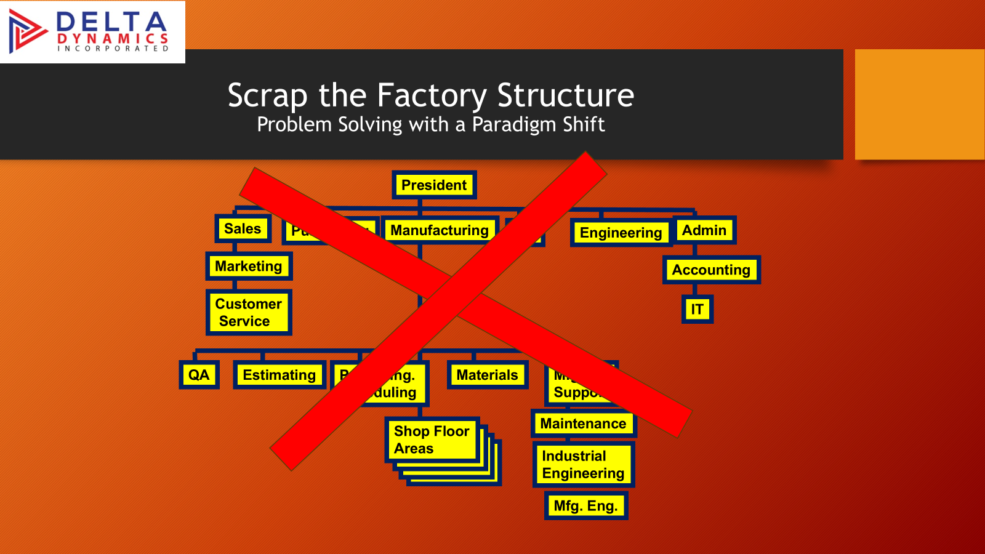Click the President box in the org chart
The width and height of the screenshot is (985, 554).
(434, 185)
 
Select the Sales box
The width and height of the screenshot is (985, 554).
(243, 229)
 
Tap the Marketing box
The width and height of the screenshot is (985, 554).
(249, 267)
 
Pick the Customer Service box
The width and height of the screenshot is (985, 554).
(248, 313)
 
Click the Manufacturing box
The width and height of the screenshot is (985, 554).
(439, 230)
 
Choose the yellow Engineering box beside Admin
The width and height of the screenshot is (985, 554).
(621, 233)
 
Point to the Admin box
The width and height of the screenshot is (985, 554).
(704, 230)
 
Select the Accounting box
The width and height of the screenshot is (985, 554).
(711, 270)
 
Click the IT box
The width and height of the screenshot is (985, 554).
(697, 309)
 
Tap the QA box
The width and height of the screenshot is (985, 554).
(199, 375)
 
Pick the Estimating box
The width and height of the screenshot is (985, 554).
(279, 375)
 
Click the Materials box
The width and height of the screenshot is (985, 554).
(487, 375)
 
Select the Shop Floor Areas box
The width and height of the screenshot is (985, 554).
(432, 440)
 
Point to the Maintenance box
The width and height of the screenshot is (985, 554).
(583, 424)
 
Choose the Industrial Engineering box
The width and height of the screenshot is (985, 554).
(583, 465)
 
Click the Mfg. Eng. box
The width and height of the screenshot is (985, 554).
(585, 506)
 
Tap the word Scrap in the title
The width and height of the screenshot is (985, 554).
(267, 96)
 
